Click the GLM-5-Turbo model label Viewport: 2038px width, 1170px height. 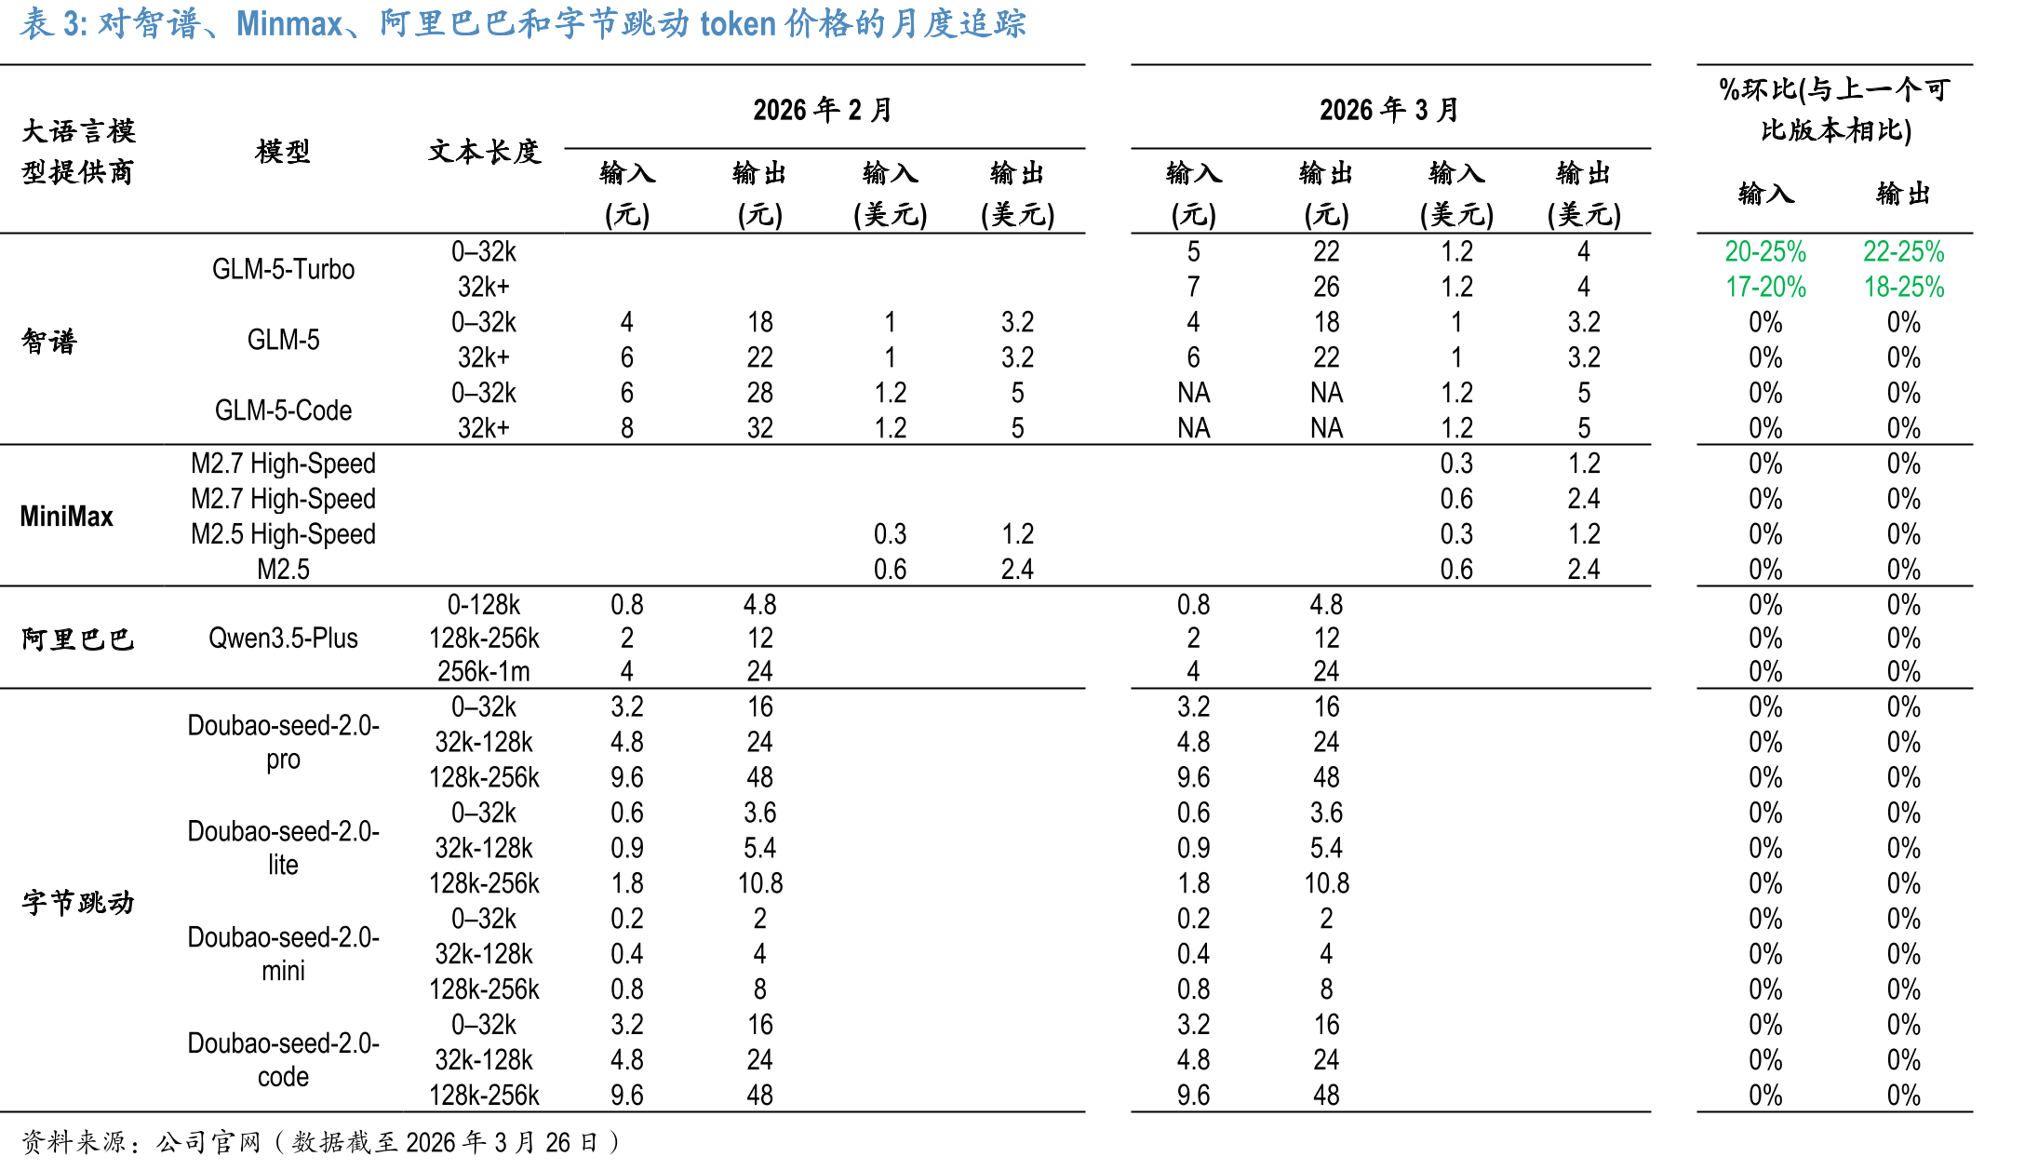click(x=283, y=269)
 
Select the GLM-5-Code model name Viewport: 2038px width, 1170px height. click(x=283, y=410)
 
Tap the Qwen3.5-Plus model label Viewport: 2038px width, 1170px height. click(x=283, y=639)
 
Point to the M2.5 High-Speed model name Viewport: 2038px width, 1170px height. click(x=283, y=534)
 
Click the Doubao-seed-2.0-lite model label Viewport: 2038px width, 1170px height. click(x=283, y=847)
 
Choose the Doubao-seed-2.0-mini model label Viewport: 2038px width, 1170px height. click(x=283, y=953)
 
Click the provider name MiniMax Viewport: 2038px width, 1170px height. click(x=66, y=516)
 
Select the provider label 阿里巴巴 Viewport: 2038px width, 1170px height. click(x=77, y=639)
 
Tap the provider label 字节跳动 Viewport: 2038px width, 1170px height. click(x=77, y=902)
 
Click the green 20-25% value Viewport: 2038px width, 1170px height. click(x=1765, y=251)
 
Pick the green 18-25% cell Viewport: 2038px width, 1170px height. click(x=1904, y=287)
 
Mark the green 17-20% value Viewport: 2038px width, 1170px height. click(x=1765, y=287)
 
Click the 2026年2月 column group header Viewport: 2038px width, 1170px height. click(x=823, y=110)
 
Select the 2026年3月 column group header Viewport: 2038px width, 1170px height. click(x=1389, y=110)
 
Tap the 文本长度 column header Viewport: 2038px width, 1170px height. click(x=484, y=151)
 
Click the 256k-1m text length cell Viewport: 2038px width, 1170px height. click(x=484, y=671)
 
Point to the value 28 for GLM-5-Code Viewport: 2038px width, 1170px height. click(x=760, y=393)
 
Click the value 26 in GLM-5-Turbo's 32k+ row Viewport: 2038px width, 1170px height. click(x=1326, y=287)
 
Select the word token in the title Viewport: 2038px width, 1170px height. click(x=738, y=23)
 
